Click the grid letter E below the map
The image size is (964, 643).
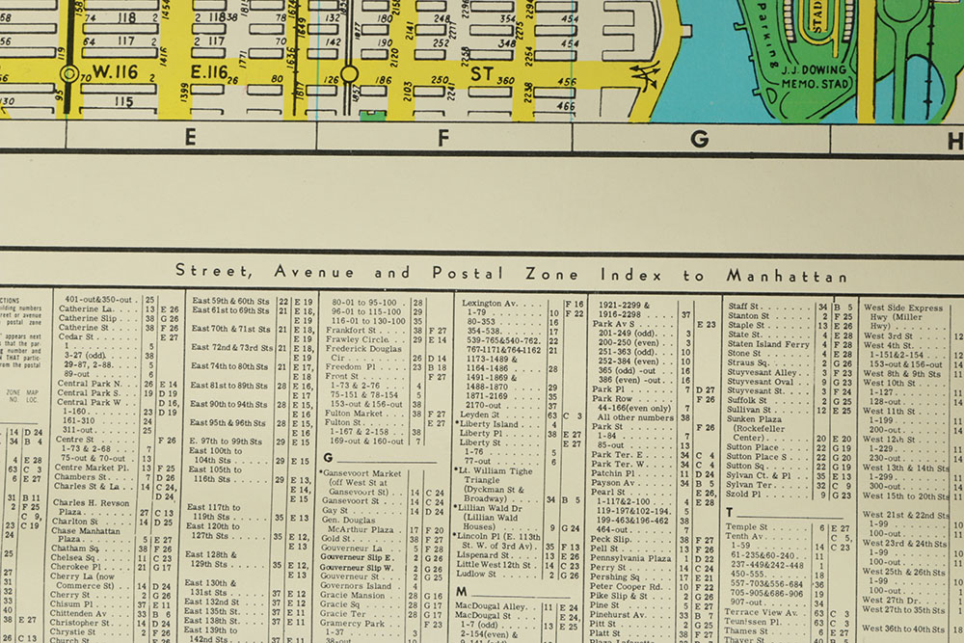point(190,138)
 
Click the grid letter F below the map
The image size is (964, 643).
point(443,138)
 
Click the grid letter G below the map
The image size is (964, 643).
point(700,138)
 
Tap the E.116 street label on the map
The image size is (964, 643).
point(208,73)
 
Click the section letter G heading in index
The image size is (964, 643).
point(328,458)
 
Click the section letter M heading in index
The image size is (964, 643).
point(462,591)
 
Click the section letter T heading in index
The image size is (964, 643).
point(730,512)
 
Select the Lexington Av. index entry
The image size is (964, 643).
point(489,303)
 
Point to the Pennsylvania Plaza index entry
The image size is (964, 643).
point(630,558)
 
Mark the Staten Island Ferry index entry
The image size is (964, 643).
point(768,344)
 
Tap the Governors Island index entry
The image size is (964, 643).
point(356,586)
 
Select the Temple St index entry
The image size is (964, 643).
point(747,527)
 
